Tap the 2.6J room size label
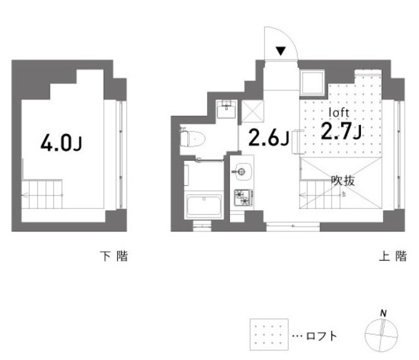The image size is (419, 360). click(268, 138)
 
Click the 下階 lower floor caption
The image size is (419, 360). click(114, 257)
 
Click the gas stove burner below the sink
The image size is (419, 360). click(243, 198)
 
